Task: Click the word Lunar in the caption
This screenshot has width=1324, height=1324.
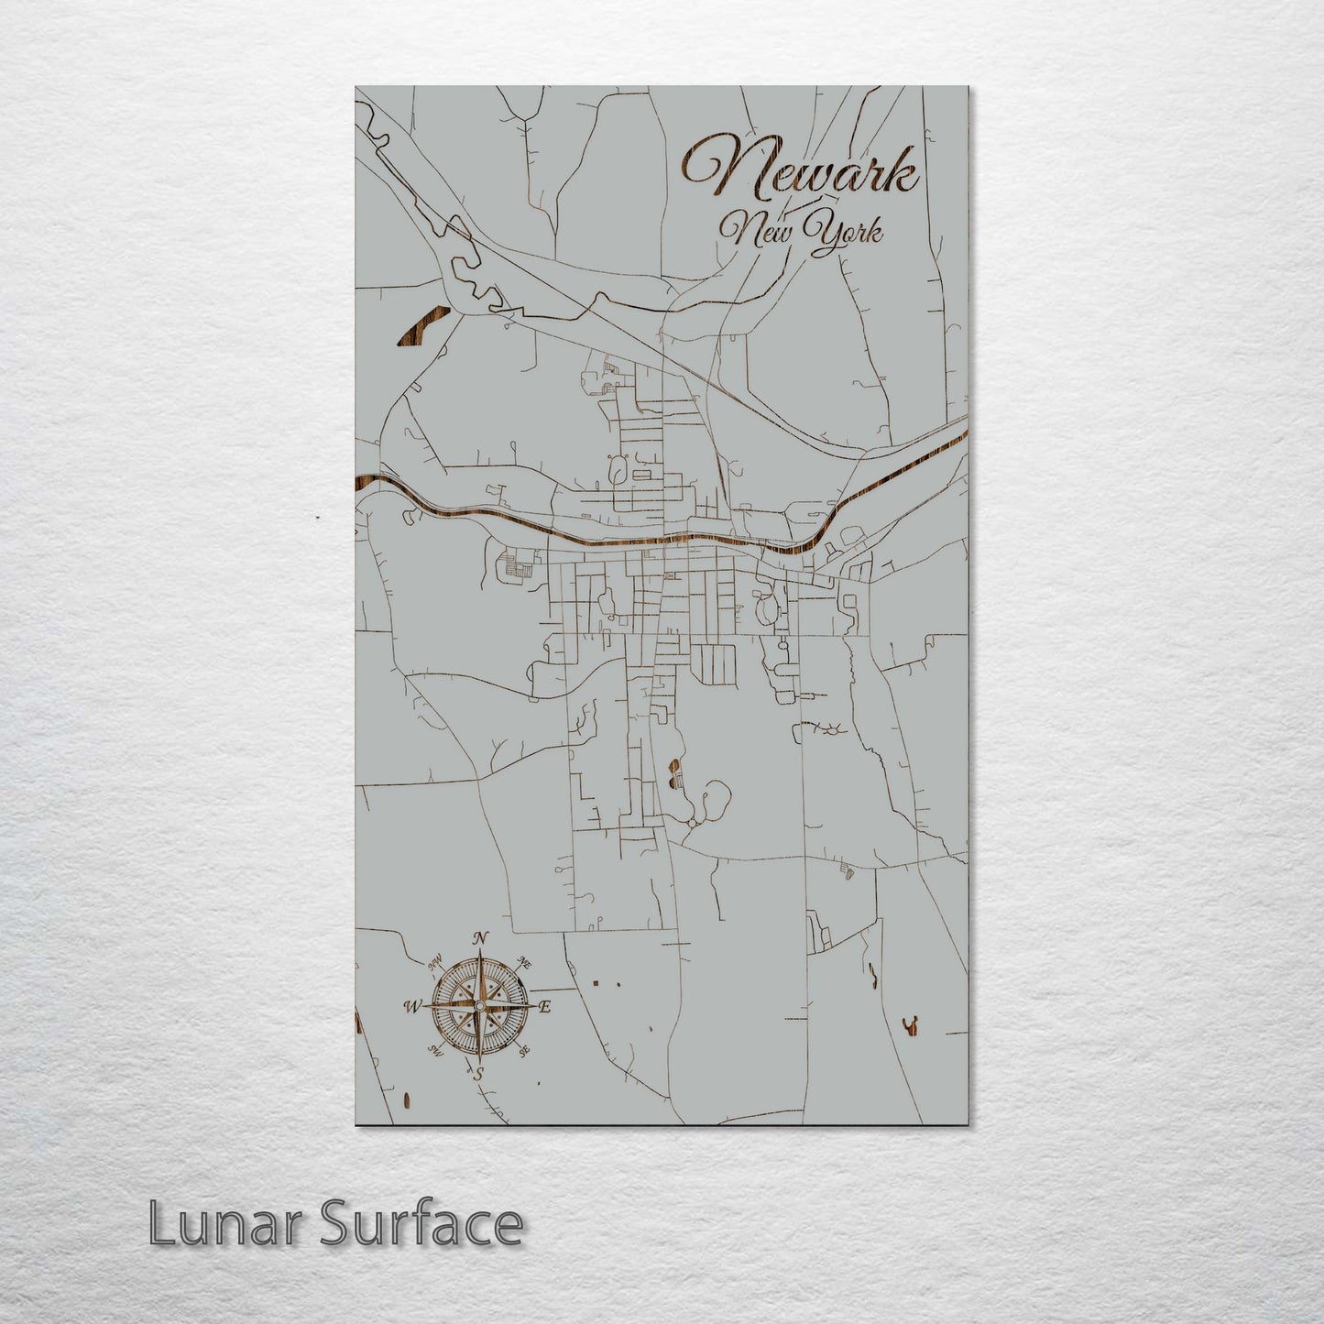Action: point(219,1223)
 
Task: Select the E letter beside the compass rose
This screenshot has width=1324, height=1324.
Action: point(544,1007)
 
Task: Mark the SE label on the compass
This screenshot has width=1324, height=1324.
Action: point(524,1052)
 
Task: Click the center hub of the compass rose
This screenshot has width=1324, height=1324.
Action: point(477,1006)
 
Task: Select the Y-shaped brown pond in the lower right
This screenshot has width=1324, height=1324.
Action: point(912,1026)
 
